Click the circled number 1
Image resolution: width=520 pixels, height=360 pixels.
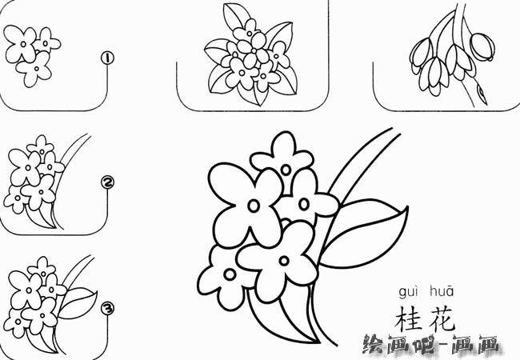106,58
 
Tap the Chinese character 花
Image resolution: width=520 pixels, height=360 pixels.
442,318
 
